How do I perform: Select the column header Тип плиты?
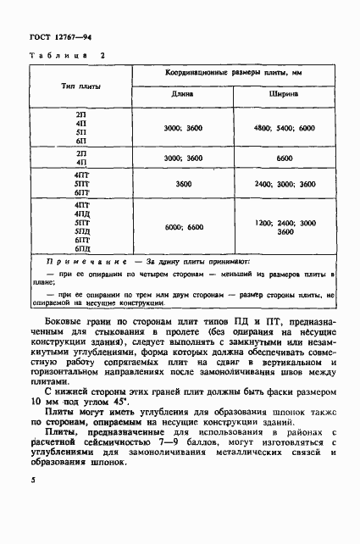80,86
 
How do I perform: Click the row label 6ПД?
82,248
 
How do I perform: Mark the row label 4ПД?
82,214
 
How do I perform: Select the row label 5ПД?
82,231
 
